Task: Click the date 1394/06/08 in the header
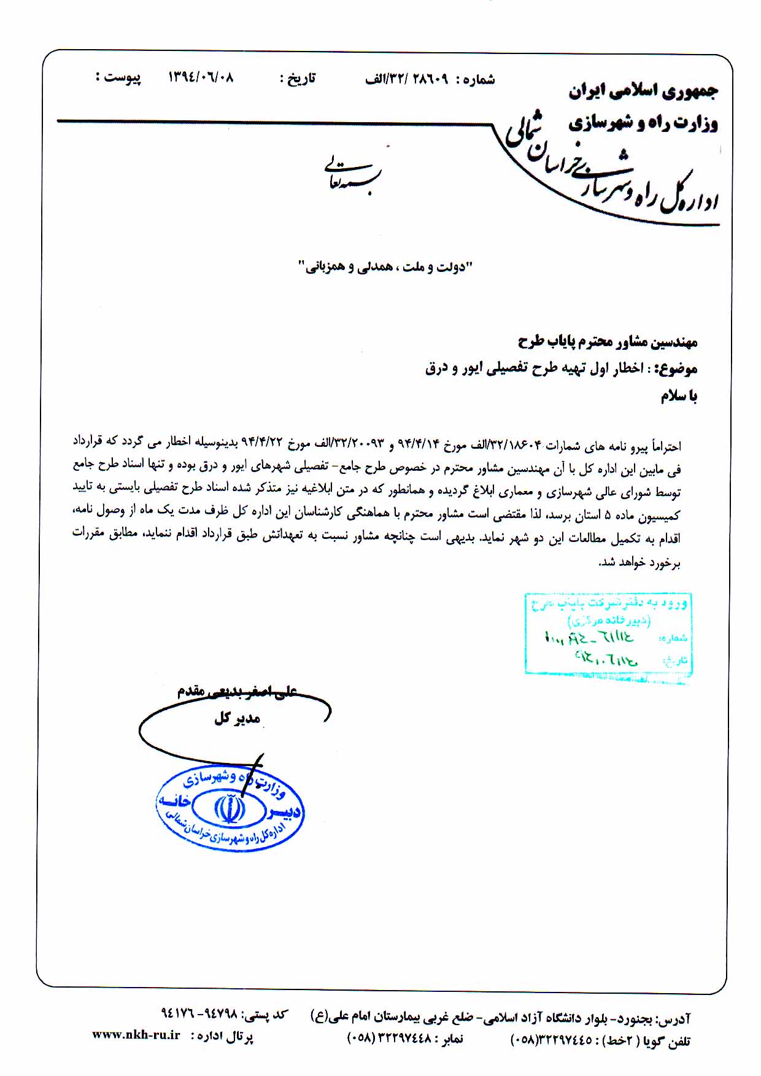201,78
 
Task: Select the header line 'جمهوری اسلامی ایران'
643,91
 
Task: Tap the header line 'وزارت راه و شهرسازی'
643,123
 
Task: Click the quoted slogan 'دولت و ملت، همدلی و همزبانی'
385,268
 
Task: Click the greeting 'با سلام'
679,397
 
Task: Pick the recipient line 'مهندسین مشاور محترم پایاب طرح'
608,342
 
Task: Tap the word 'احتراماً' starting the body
666,446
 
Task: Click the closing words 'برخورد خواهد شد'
639,563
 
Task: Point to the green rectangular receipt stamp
608,634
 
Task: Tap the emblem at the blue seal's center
230,809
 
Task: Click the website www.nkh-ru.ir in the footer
136,1035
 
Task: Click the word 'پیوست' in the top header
122,79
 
